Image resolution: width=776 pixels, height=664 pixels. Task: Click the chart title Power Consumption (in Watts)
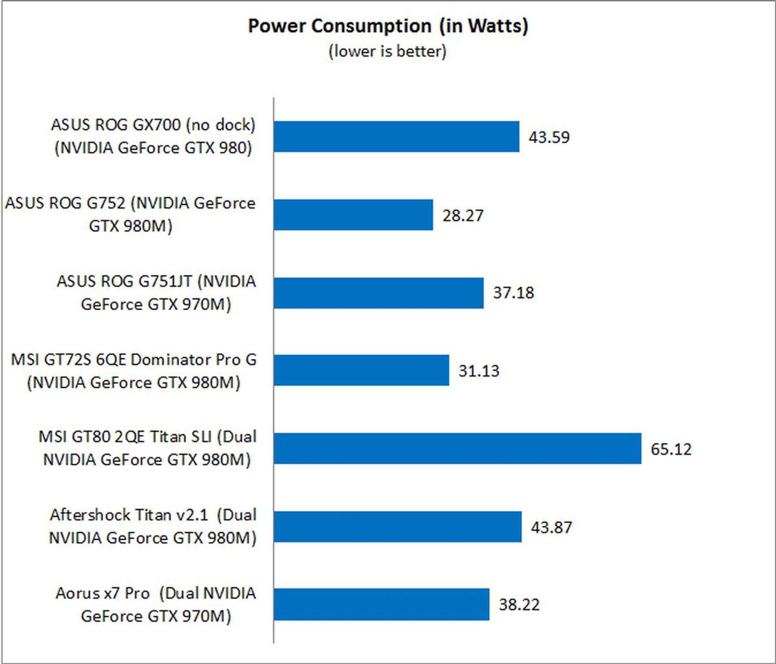pyautogui.click(x=388, y=26)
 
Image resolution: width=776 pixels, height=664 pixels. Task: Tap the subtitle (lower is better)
pyautogui.click(x=387, y=52)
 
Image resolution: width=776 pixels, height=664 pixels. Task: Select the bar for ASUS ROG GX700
pyautogui.click(x=396, y=137)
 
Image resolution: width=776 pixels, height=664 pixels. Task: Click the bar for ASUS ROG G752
pyautogui.click(x=353, y=215)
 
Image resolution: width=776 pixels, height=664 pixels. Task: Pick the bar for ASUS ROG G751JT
pyautogui.click(x=378, y=293)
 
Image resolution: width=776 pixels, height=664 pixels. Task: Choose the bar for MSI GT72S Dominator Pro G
pyautogui.click(x=361, y=370)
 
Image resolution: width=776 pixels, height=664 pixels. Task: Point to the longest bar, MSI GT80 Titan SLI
pyautogui.click(x=457, y=449)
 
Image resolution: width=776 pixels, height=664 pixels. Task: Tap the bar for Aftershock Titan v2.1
pyautogui.click(x=397, y=527)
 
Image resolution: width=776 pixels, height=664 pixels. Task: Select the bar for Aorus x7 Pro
pyautogui.click(x=381, y=605)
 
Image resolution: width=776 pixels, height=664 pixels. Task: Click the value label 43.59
pyautogui.click(x=549, y=137)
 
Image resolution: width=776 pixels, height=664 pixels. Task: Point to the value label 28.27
pyautogui.click(x=463, y=215)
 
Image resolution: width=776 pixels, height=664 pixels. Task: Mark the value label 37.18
pyautogui.click(x=513, y=293)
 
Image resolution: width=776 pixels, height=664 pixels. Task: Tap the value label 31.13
pyautogui.click(x=479, y=371)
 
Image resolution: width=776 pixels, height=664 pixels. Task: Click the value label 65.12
pyautogui.click(x=671, y=449)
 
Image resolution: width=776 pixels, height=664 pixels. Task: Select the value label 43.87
pyautogui.click(x=551, y=527)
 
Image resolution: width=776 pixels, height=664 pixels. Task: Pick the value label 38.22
pyautogui.click(x=519, y=605)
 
